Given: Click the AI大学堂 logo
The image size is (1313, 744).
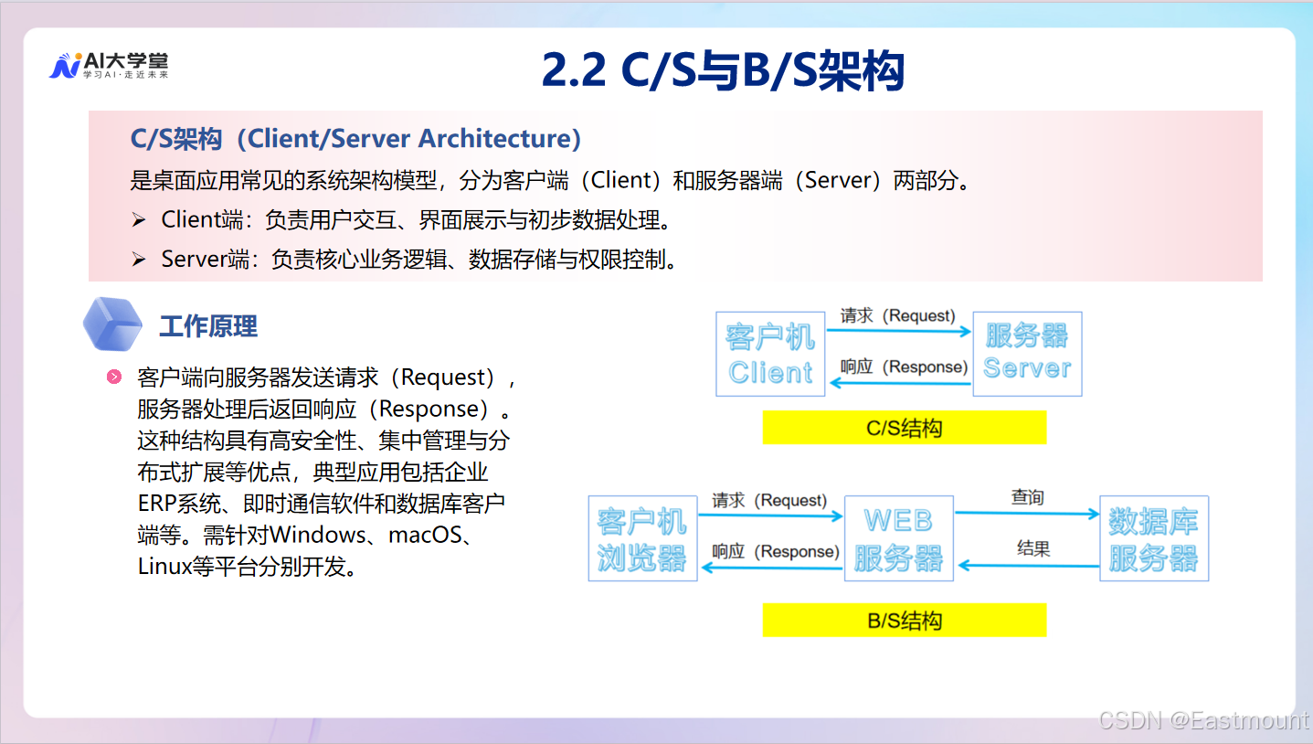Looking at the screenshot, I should coord(109,66).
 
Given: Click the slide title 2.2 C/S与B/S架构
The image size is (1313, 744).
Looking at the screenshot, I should coord(723,70).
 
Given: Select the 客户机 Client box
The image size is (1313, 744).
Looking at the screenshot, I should coord(770,354).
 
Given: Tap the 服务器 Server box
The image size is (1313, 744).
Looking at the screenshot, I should coord(1027,354).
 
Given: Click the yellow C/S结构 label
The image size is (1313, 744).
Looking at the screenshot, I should coord(904,428).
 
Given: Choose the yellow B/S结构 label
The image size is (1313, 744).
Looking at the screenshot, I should coord(904,622).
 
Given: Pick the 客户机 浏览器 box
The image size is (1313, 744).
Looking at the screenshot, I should coord(642,538).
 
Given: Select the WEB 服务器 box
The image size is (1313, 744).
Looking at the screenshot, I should coord(898,538).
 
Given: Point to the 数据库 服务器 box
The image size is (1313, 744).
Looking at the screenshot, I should coord(1153,538).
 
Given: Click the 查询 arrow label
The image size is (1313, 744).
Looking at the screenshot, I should coord(1027,497).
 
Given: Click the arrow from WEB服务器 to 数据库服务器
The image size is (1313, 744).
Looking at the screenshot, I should coord(1027,514).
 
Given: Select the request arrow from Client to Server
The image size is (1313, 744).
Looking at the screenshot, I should coord(898,332).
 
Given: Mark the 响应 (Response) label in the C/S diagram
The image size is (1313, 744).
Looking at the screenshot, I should coord(904,367).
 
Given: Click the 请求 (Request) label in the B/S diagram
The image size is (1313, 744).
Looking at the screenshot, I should coord(769,501).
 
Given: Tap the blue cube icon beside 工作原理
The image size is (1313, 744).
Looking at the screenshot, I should coord(112,324).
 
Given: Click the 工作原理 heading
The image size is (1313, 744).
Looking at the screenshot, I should coord(208,326).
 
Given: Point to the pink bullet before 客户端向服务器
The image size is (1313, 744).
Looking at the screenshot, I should coord(114,377).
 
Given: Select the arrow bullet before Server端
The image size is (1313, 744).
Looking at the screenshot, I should coord(139,260).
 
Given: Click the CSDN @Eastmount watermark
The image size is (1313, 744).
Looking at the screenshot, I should coord(1203,720).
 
